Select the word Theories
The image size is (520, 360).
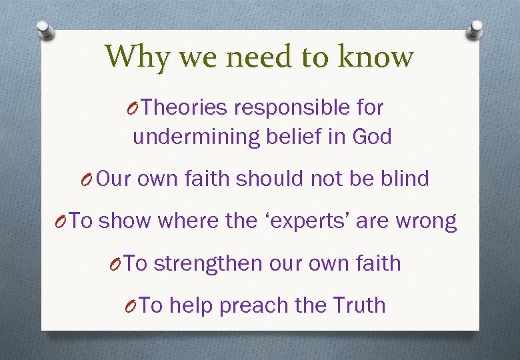[x=185, y=107]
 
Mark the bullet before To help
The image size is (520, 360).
[x=132, y=306]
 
